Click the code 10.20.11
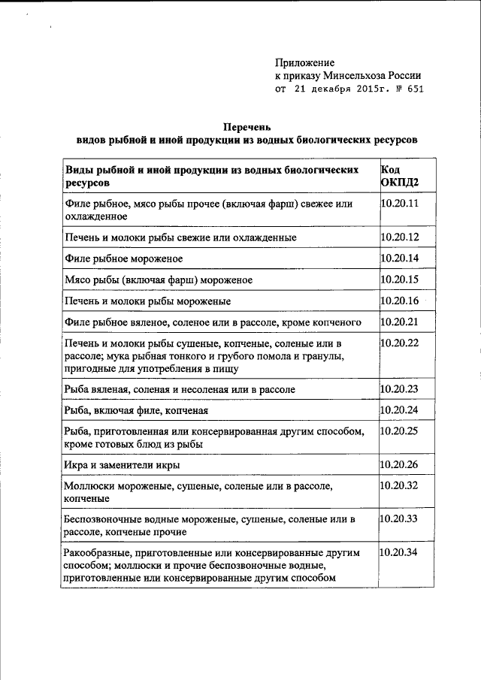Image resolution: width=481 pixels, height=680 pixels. pyautogui.click(x=400, y=204)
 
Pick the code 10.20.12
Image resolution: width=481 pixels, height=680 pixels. pyautogui.click(x=400, y=237)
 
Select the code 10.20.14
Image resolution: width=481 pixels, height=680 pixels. pyautogui.click(x=400, y=258)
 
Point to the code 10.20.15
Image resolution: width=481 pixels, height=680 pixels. pyautogui.click(x=400, y=280)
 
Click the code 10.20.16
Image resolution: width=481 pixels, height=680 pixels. pyautogui.click(x=400, y=301)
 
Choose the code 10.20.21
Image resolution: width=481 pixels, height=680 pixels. pyautogui.click(x=400, y=322)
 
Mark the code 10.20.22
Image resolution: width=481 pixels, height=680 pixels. pyautogui.click(x=400, y=343)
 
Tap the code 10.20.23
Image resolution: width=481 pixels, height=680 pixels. pyautogui.click(x=400, y=389)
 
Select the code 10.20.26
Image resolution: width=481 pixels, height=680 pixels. pyautogui.click(x=400, y=464)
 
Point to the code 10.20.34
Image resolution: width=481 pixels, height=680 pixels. pyautogui.click(x=400, y=552)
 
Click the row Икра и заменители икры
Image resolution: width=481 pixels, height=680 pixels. pyautogui.click(x=122, y=465)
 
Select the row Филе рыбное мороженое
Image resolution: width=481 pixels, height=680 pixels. pyautogui.click(x=124, y=259)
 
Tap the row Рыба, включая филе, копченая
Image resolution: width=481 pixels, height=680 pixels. pyautogui.click(x=135, y=411)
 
